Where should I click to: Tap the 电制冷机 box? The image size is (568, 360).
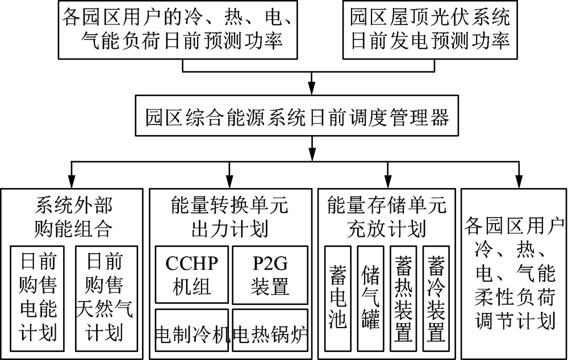point(192,331)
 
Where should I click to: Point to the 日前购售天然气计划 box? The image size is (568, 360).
point(105,295)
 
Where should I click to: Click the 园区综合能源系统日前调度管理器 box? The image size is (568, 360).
point(297,118)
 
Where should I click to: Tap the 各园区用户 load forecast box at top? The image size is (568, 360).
point(178,30)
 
